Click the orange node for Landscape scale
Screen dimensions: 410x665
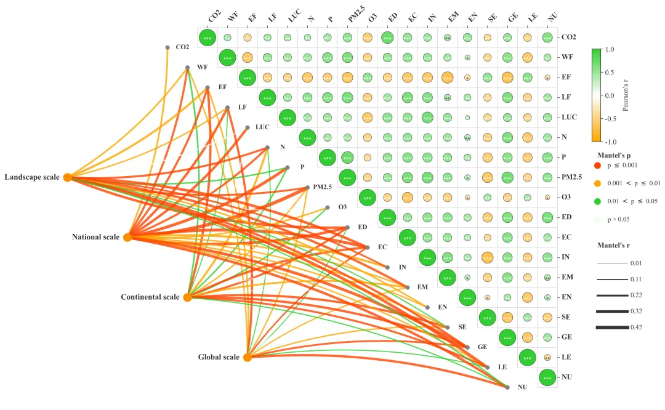tap(68, 177)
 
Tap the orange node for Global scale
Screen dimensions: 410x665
tap(247, 357)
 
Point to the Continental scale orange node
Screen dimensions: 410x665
tap(187, 297)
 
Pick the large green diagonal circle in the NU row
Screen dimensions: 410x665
tap(547, 377)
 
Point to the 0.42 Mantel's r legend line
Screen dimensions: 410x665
tap(609, 328)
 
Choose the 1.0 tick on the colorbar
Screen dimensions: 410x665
tap(612, 49)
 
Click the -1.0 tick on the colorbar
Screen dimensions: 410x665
tap(613, 141)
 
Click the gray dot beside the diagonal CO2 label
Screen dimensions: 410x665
tap(167, 47)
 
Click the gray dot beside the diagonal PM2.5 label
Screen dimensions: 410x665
tap(307, 188)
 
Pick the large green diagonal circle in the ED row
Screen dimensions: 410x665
tap(387, 217)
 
